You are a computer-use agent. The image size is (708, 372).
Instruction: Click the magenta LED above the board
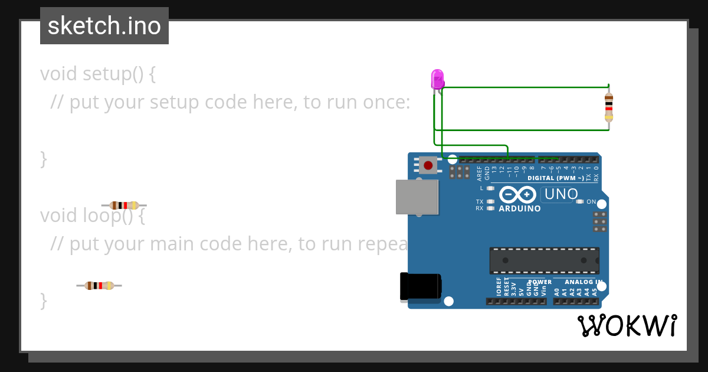click(x=437, y=79)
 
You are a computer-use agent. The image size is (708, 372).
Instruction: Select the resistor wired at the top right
click(x=609, y=107)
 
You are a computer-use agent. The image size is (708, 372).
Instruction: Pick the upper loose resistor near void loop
click(x=124, y=205)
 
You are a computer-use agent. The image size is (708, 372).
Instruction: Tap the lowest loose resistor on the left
click(x=99, y=286)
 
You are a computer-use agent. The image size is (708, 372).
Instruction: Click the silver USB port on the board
click(x=417, y=197)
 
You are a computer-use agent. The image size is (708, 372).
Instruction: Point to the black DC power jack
click(x=420, y=287)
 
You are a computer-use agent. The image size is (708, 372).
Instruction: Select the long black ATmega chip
click(x=544, y=260)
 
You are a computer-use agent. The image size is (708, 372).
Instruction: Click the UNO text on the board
click(x=560, y=194)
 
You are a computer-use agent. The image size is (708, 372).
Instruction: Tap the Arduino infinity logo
click(x=517, y=194)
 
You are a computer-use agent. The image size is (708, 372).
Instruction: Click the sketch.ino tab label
click(x=104, y=26)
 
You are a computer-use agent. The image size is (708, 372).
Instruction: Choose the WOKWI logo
click(x=627, y=325)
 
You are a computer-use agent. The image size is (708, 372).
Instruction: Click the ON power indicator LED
click(x=580, y=202)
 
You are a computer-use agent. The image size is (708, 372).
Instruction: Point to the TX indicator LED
click(x=490, y=201)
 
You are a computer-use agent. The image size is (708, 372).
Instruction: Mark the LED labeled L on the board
click(x=490, y=188)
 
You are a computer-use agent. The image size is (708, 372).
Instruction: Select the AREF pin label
click(x=479, y=172)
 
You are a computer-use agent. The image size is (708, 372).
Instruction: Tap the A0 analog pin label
click(x=556, y=291)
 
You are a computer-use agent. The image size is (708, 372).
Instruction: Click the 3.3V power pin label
click(x=514, y=289)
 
